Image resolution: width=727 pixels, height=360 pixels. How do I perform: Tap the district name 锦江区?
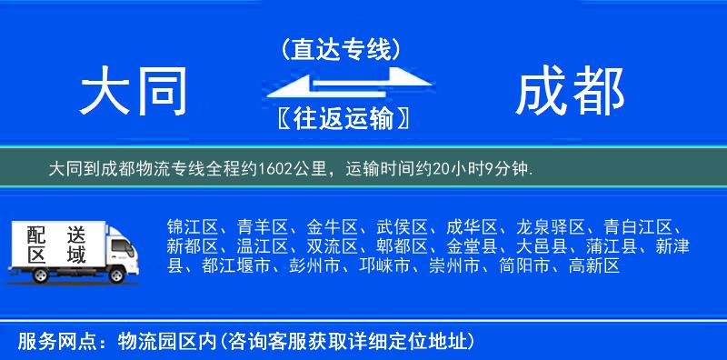tap(191, 226)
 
